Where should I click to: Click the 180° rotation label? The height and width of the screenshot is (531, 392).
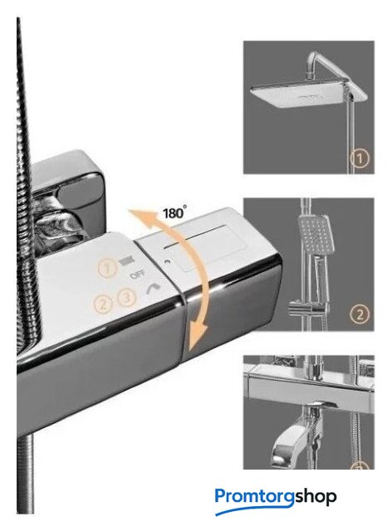pyautogui.click(x=174, y=212)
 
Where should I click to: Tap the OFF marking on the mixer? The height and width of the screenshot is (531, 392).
pyautogui.click(x=138, y=275)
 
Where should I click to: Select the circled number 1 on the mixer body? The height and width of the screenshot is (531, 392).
pyautogui.click(x=107, y=268)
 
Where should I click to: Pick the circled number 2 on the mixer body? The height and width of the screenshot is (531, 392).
pyautogui.click(x=103, y=304)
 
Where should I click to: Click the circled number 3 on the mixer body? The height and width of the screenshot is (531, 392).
pyautogui.click(x=127, y=298)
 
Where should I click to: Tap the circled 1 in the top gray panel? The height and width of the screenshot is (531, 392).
pyautogui.click(x=359, y=158)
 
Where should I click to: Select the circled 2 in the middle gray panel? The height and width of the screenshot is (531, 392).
pyautogui.click(x=360, y=314)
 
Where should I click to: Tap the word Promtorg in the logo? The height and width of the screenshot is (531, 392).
pyautogui.click(x=255, y=496)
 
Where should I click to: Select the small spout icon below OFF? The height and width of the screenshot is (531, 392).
pyautogui.click(x=153, y=288)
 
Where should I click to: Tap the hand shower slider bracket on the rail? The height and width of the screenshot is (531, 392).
pyautogui.click(x=309, y=309)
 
